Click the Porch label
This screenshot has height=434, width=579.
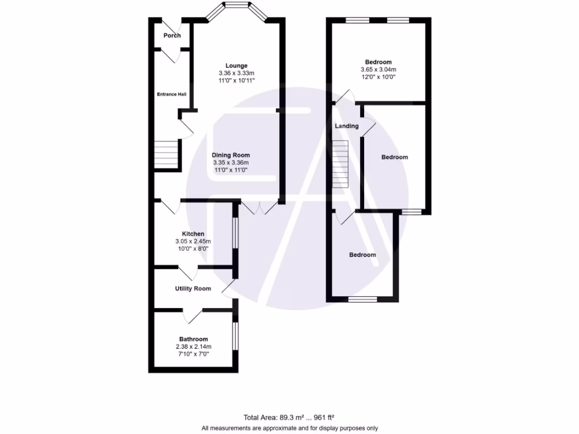click(172, 36)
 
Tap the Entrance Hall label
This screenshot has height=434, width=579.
click(172, 94)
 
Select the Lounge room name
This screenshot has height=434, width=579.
click(236, 66)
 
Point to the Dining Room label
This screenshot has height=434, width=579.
click(231, 155)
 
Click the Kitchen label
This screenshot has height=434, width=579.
click(193, 234)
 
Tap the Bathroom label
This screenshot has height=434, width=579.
click(193, 339)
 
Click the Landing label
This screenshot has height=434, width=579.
click(347, 126)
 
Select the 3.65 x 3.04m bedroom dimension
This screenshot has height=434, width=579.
click(378, 70)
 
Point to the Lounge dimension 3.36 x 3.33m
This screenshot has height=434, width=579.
click(236, 73)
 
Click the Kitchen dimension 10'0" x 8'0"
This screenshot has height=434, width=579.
click(193, 249)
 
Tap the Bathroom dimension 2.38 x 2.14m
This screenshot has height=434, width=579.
click(193, 346)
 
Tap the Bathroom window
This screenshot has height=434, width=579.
click(235, 336)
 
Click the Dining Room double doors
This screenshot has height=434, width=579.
click(260, 207)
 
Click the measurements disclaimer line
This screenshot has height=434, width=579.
click(289, 428)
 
